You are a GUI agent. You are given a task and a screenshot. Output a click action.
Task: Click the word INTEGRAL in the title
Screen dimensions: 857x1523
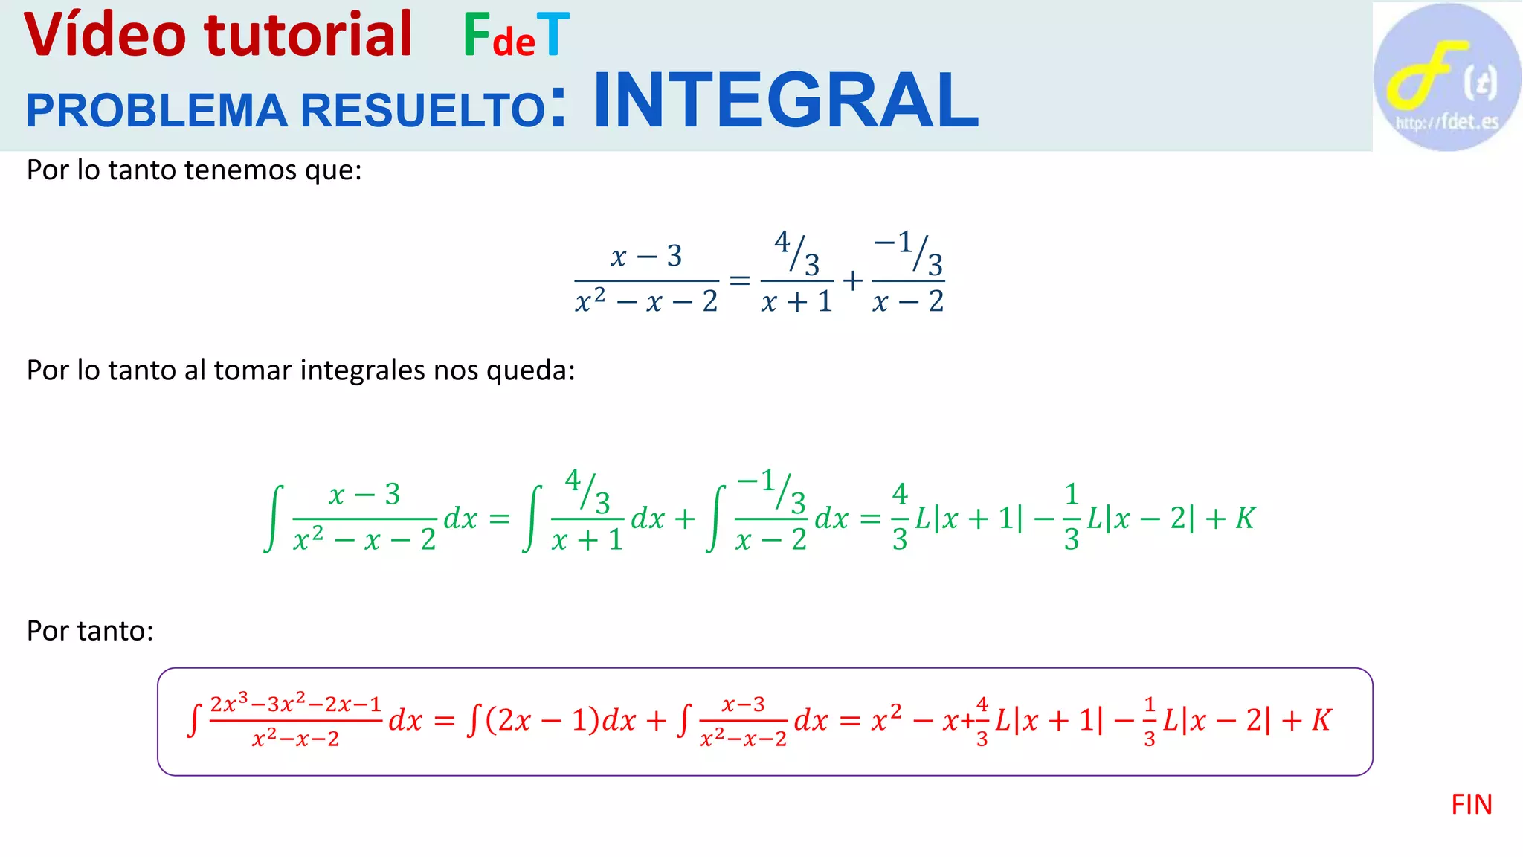785,100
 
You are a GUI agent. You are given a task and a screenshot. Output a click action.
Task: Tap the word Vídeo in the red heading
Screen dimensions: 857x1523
105,35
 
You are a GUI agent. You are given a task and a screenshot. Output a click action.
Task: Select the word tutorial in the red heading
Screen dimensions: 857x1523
308,35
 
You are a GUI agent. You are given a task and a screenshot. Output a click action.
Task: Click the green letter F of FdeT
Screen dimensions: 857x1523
476,35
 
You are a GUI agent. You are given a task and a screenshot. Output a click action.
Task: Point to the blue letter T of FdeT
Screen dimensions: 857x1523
553,35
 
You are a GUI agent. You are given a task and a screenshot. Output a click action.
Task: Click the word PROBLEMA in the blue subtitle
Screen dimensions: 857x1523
156,111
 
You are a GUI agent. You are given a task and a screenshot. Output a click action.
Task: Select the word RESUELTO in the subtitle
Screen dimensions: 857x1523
423,111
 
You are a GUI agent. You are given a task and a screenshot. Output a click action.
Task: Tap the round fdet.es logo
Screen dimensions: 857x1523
1446,77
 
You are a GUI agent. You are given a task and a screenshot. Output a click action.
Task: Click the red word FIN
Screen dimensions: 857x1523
1471,805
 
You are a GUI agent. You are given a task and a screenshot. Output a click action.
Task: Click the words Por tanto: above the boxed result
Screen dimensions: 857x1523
90,631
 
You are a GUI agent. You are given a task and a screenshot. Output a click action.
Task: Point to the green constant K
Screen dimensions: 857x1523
1245,519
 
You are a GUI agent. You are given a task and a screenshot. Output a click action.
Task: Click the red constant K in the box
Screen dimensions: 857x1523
1321,720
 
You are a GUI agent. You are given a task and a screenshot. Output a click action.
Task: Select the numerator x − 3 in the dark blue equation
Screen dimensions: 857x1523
645,257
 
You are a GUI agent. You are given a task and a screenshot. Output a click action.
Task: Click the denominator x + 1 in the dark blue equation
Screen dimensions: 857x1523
796,301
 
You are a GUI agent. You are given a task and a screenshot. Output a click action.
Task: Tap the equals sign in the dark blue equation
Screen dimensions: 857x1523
739,280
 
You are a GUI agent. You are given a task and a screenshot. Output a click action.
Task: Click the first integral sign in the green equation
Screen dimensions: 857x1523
274,519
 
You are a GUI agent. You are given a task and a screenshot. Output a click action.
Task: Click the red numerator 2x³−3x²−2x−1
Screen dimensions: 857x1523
295,704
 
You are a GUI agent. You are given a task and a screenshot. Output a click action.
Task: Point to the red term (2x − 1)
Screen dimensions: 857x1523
542,720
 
